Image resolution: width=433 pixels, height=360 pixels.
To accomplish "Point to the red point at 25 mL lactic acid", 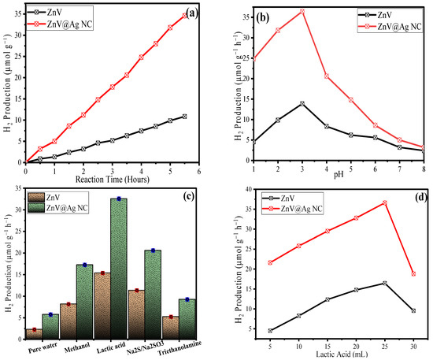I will tap(384, 202).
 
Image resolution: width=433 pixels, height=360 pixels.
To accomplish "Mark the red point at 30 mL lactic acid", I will tap(413, 273).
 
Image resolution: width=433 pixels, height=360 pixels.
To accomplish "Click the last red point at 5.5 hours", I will tap(184, 15).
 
